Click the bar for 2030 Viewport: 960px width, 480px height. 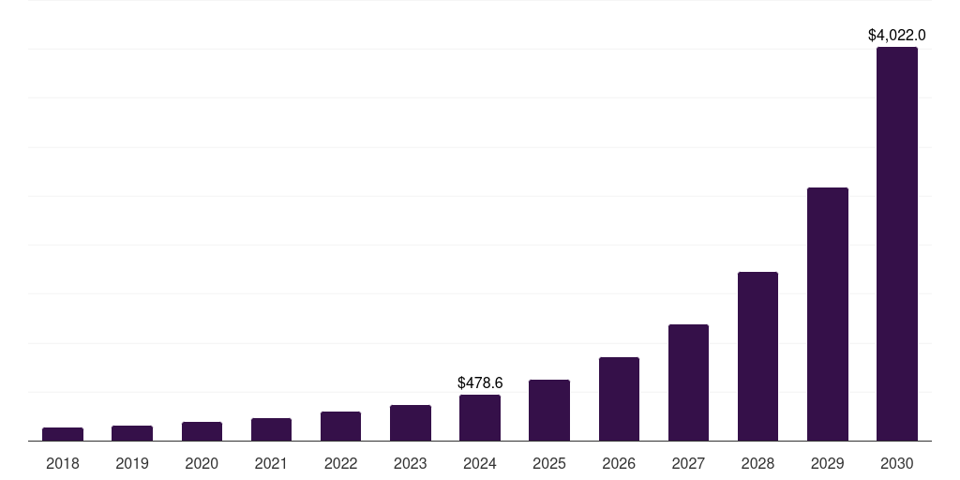pos(896,244)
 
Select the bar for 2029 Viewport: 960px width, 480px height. pos(827,314)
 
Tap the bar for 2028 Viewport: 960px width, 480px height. pos(757,356)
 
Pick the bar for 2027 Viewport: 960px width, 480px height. pos(688,382)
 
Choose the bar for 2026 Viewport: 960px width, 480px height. pos(619,398)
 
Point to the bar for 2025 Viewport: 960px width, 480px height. pos(549,410)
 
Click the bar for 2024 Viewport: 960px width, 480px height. pos(480,417)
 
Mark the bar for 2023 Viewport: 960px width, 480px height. pos(411,423)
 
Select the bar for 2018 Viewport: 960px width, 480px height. pos(63,434)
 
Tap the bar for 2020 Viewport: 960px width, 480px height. pos(202,431)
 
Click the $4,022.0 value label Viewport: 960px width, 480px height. pos(896,36)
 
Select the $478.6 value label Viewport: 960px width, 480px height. pos(480,382)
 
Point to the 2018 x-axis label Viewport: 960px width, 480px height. pos(63,463)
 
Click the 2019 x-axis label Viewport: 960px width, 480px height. pos(132,463)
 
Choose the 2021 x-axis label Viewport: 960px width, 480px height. pos(271,463)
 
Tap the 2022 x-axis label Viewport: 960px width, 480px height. pos(340,463)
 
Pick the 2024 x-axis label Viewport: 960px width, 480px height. pos(480,463)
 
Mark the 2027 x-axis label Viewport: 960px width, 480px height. pos(688,463)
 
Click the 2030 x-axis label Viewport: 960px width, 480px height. pos(896,463)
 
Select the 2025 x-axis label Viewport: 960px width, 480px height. pos(549,463)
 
